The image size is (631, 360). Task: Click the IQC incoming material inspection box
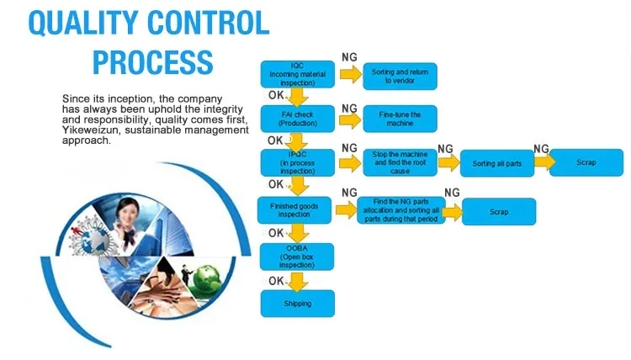pos(297,74)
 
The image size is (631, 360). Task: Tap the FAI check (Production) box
pos(297,119)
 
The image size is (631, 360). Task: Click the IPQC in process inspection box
pos(297,162)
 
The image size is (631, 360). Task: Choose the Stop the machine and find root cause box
pos(400,162)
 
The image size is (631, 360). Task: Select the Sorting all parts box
pos(497,163)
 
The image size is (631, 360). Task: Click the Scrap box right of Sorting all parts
pos(586,162)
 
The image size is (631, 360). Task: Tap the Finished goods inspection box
pos(297,209)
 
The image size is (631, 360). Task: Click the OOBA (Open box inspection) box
pos(297,256)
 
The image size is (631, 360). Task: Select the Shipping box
pos(297,304)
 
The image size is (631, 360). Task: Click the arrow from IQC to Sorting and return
pos(349,74)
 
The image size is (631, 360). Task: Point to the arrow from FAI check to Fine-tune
pos(349,119)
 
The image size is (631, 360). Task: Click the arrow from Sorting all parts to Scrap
pos(542,162)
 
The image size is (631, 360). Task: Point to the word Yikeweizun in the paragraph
pos(90,130)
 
